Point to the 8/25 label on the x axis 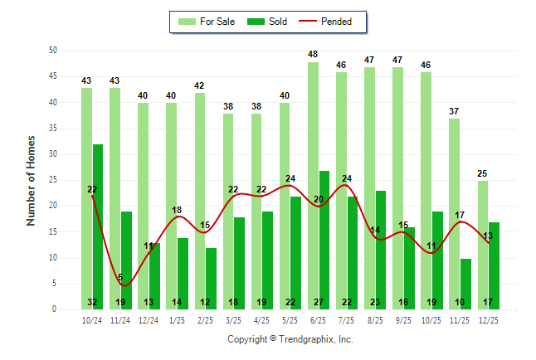click(x=375, y=319)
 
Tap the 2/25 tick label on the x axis click(x=205, y=319)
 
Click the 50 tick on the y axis click(x=52, y=51)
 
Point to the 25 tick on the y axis click(x=52, y=180)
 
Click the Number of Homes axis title click(x=32, y=180)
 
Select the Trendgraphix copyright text click(x=290, y=339)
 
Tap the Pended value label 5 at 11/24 click(x=120, y=277)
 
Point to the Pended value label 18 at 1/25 click(x=177, y=210)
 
